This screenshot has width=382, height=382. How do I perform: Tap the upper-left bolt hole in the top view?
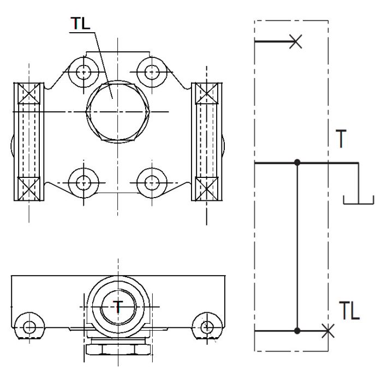pyautogui.click(x=83, y=71)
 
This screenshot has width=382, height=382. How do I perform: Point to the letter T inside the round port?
pyautogui.click(x=118, y=307)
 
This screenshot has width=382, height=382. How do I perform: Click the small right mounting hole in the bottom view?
pyautogui.click(x=206, y=326)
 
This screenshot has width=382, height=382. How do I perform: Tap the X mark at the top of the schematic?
pyautogui.click(x=295, y=41)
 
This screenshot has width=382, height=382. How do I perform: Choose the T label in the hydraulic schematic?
pyautogui.click(x=341, y=140)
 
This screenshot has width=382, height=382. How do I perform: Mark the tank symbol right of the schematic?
pyautogui.click(x=358, y=199)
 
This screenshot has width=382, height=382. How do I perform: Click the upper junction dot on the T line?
pyautogui.click(x=297, y=163)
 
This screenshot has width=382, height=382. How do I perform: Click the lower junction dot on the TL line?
pyautogui.click(x=297, y=331)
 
